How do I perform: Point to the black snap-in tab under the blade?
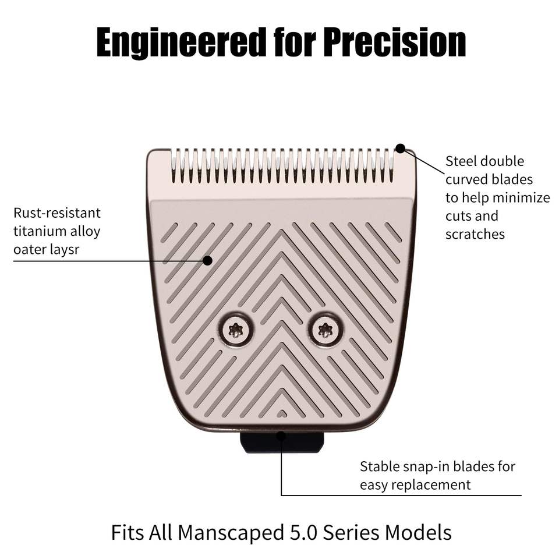coord(282,443)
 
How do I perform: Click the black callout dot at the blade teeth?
coord(400,148)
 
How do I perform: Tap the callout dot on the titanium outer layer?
coord(207,261)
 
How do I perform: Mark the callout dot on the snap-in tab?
coord(282,435)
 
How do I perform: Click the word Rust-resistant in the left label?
coord(57,213)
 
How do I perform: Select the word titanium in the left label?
coord(40,231)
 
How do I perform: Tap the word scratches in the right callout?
coord(475,234)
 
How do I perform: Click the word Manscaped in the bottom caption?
coord(228,532)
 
